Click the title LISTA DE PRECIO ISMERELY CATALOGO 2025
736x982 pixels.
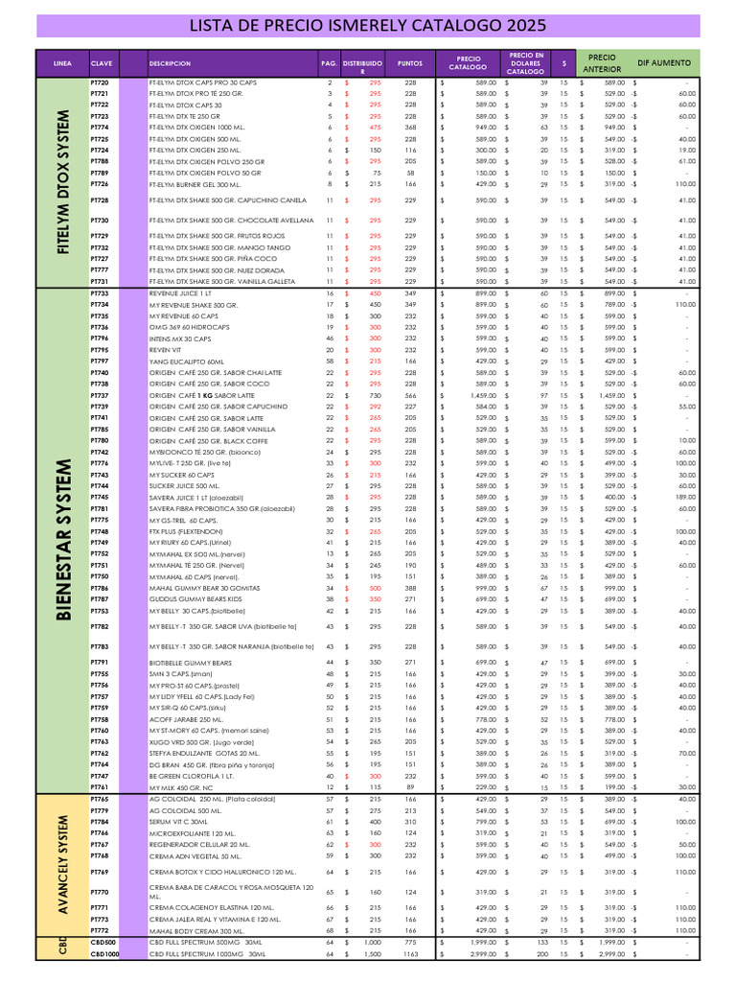coord(368,25)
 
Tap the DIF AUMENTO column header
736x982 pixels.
coord(664,62)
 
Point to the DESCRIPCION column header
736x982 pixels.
coord(170,62)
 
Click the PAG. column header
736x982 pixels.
coord(329,62)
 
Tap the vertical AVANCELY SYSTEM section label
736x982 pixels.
coord(63,865)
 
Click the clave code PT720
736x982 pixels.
coord(100,83)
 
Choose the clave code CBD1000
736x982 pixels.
coord(104,955)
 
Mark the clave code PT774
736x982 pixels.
coord(100,128)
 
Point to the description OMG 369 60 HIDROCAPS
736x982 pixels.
coord(187,327)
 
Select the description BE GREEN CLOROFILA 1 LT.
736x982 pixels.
coord(192,776)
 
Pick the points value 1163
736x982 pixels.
coord(410,955)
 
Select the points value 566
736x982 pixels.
coord(410,395)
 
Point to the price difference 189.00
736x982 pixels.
coord(685,498)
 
